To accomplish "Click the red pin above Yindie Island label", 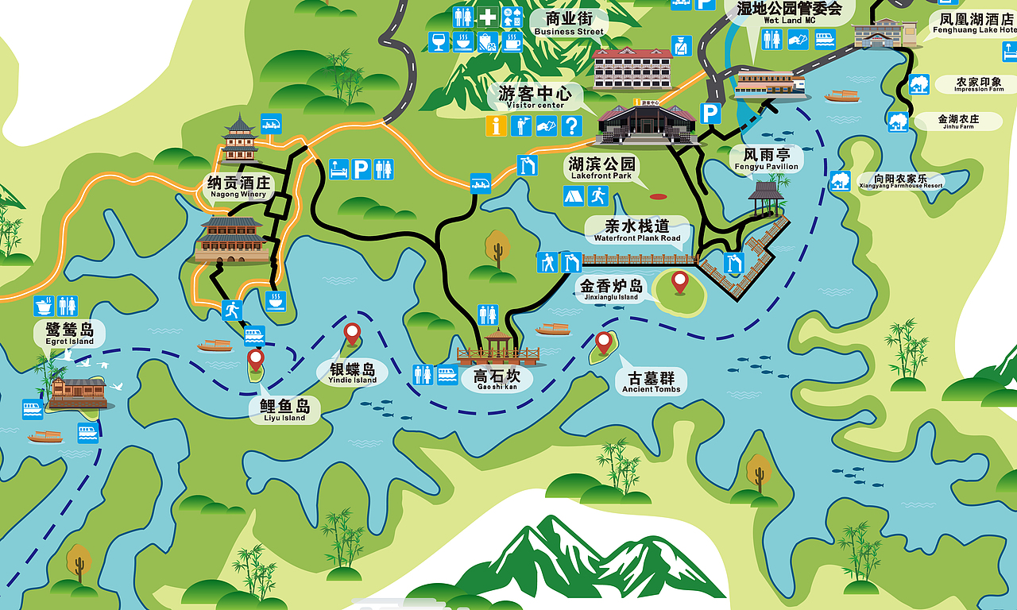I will [x=352, y=334].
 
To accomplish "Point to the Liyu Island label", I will [x=284, y=411].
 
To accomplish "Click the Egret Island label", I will [x=70, y=334].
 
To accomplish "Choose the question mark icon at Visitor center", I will [x=571, y=125].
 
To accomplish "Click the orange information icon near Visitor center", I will [x=497, y=125].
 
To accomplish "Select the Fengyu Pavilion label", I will [x=766, y=159].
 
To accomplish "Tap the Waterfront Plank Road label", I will [x=637, y=230].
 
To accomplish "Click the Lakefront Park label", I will [x=601, y=168].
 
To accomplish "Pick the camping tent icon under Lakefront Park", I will [x=574, y=195].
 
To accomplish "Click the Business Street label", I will [x=569, y=23].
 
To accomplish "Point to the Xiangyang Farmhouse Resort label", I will [x=900, y=181].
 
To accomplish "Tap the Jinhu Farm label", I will [x=957, y=122].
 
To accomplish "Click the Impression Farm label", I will [x=978, y=84].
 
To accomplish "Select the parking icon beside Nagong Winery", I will [x=361, y=169].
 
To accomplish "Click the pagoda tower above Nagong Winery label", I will [x=239, y=141].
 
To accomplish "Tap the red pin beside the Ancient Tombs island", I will [x=604, y=343].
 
